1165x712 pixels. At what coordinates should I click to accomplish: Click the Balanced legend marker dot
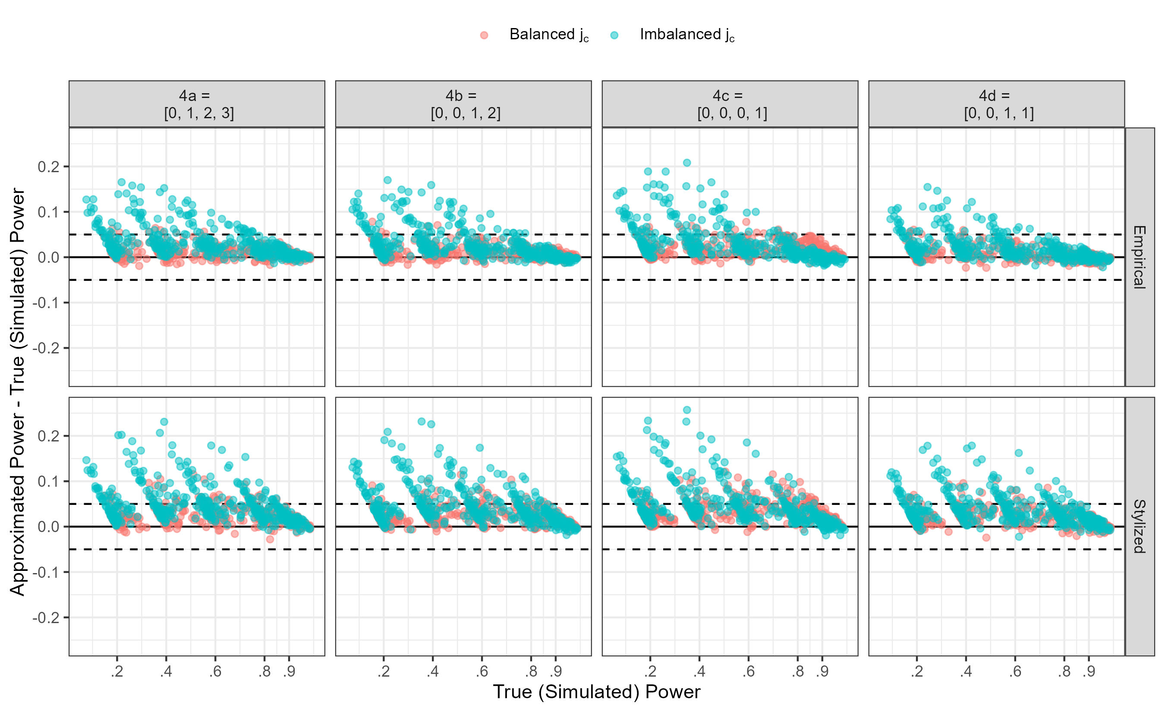(484, 35)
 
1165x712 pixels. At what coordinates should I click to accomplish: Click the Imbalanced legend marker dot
(614, 35)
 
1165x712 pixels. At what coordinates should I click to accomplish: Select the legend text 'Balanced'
(542, 34)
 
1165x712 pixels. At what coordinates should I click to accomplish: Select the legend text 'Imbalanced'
(680, 34)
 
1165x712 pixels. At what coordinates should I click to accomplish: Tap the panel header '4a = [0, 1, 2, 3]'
(197, 104)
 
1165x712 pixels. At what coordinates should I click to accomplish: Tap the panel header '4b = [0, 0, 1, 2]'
(463, 104)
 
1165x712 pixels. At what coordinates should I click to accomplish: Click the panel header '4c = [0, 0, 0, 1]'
(730, 104)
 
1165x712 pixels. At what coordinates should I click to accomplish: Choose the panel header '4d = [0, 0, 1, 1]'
(997, 104)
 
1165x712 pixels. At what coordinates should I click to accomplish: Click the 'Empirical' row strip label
(1140, 257)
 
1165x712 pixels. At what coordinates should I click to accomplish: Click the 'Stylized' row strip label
(1140, 526)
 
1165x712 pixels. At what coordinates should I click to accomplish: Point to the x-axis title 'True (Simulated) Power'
(596, 692)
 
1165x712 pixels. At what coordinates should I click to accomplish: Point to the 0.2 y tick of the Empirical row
(49, 167)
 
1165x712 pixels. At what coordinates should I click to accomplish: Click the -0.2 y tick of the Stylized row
(46, 617)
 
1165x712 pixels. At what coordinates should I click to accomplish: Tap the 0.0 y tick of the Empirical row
(49, 257)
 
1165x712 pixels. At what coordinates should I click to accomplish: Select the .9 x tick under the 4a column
(289, 671)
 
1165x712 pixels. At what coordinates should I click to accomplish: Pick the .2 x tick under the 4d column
(917, 671)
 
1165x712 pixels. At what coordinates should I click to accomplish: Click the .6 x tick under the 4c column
(749, 671)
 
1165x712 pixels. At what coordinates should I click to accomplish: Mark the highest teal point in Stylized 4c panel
(687, 410)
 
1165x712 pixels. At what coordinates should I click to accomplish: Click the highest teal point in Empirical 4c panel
(687, 163)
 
